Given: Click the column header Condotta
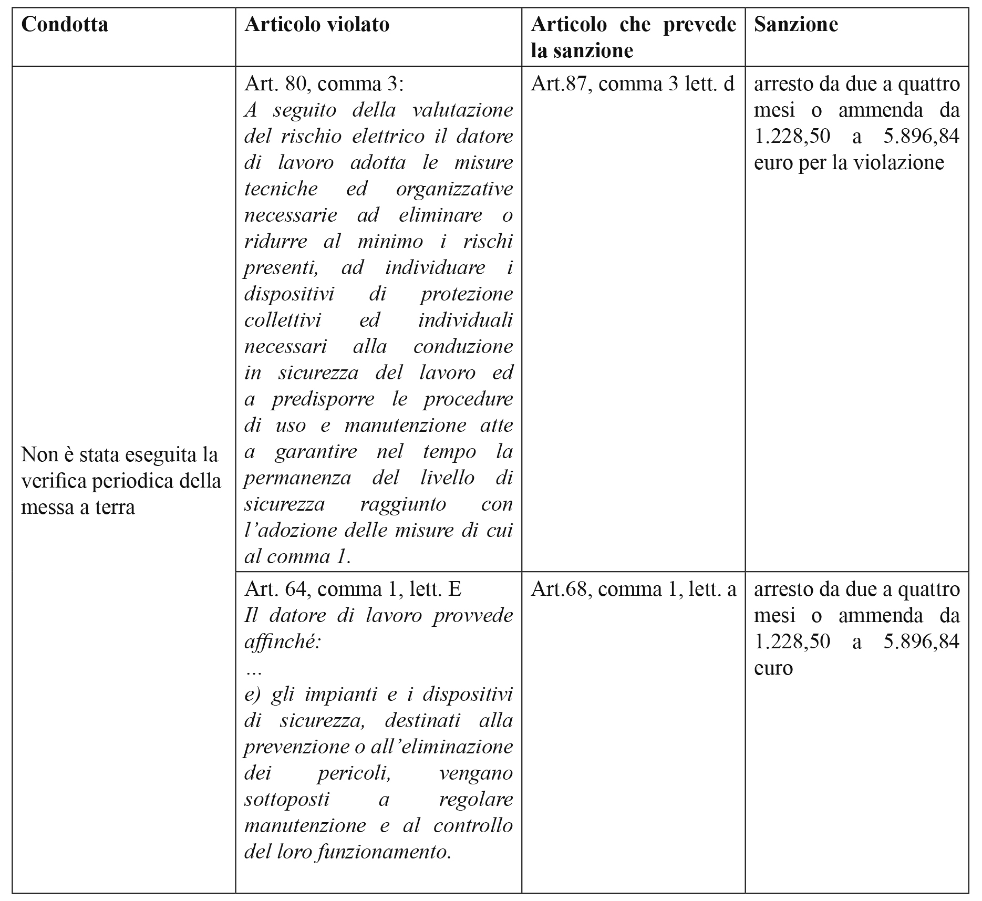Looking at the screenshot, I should click(x=65, y=25).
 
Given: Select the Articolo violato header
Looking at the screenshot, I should click(x=317, y=25).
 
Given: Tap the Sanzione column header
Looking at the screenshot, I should click(x=795, y=25).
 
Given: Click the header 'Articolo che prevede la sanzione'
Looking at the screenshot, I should click(x=633, y=37).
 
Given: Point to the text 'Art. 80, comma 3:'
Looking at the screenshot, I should click(x=324, y=84).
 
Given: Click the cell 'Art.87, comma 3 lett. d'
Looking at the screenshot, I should click(x=633, y=84).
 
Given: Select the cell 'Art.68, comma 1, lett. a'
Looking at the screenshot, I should click(x=633, y=589).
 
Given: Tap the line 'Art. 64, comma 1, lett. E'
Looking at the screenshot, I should click(x=353, y=589).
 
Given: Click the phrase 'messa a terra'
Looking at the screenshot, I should click(x=78, y=507).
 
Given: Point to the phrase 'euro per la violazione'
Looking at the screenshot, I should click(x=849, y=163).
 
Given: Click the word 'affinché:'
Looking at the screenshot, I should click(x=282, y=642).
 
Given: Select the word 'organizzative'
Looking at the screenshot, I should click(x=454, y=189).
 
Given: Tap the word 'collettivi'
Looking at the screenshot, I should click(x=283, y=320).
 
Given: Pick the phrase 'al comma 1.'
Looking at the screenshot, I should click(x=297, y=557).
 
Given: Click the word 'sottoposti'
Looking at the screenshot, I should click(x=287, y=800).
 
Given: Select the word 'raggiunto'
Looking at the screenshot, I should click(x=402, y=504).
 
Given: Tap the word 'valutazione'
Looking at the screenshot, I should click(x=462, y=110).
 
